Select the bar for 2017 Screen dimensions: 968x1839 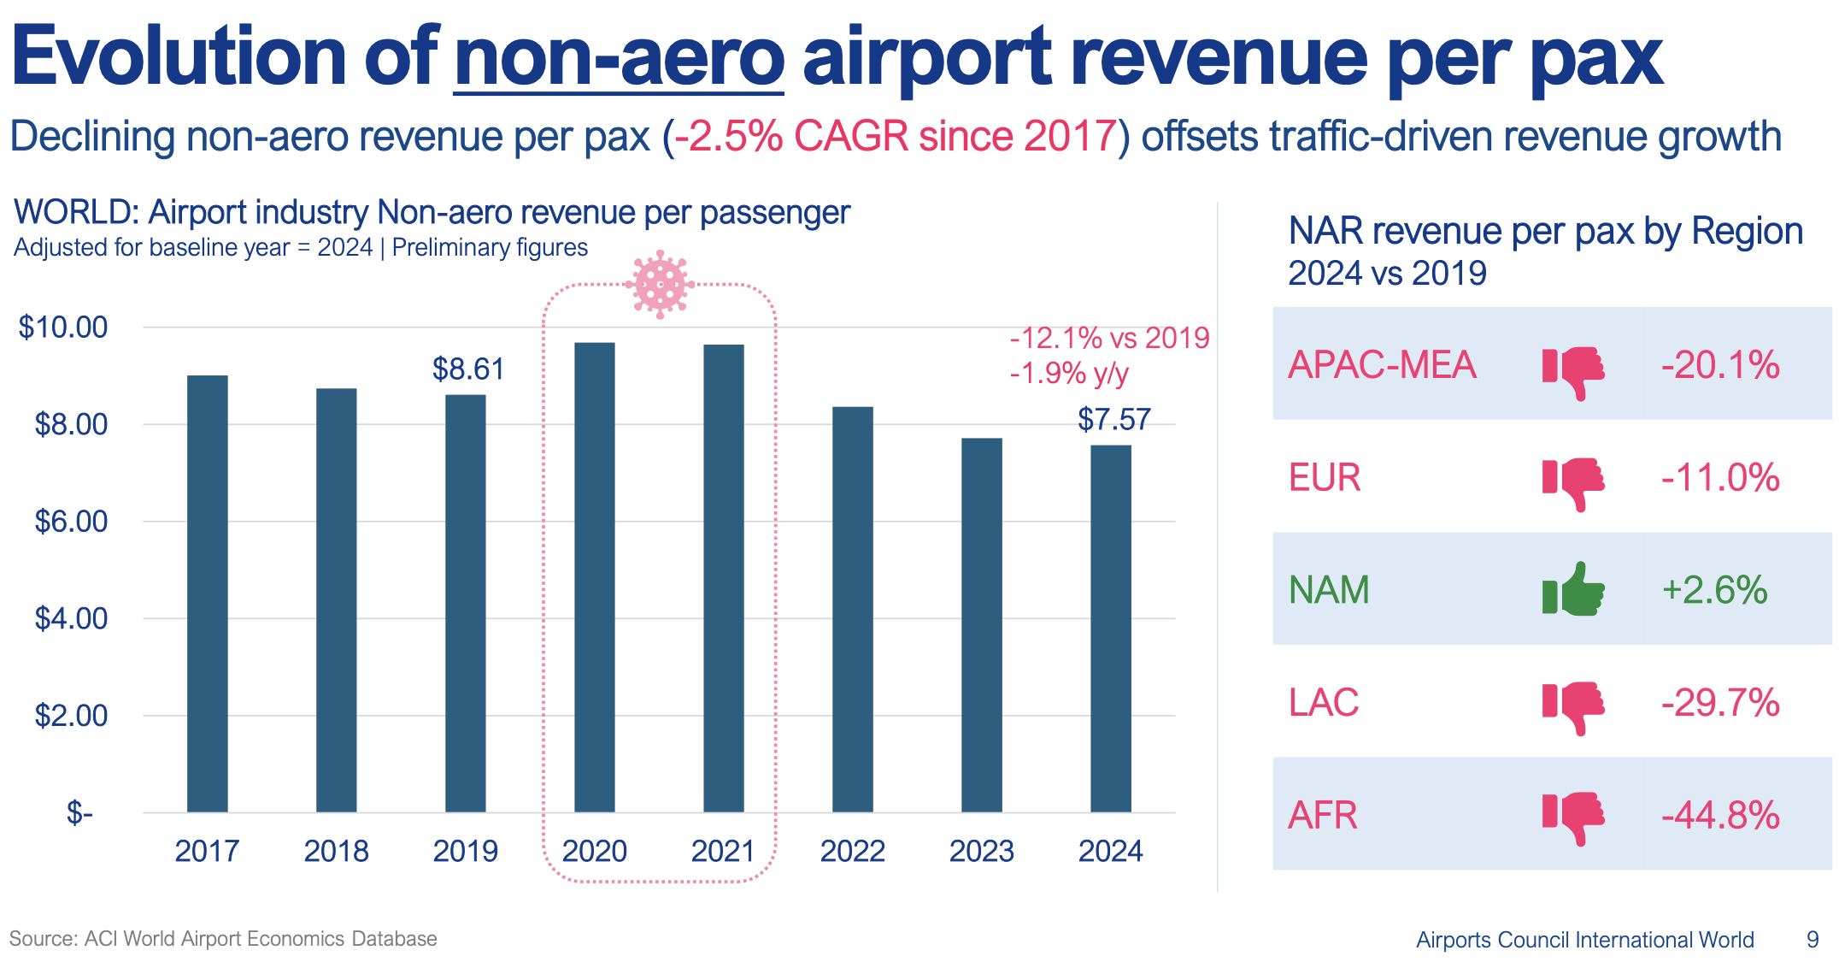point(208,593)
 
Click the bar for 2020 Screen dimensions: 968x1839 point(595,577)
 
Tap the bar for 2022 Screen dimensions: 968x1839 point(853,609)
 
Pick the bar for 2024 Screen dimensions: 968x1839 point(1111,629)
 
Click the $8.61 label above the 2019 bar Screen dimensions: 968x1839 point(468,369)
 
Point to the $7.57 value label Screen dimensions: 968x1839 point(1113,420)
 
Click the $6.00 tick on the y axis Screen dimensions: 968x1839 point(71,522)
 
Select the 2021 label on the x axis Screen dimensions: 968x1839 point(723,852)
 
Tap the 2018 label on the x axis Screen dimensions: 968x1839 point(336,852)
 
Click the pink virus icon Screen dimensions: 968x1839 point(660,284)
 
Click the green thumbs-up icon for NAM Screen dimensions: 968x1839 point(1573,589)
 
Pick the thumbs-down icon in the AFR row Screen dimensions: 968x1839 point(1573,817)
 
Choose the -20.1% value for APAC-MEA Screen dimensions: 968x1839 point(1720,365)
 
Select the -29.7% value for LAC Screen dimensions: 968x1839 point(1720,703)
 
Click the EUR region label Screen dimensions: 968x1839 point(1324,478)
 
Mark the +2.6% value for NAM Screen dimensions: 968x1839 point(1714,590)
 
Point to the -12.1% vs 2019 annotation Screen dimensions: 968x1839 point(1109,339)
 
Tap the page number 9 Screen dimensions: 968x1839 point(1813,940)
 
